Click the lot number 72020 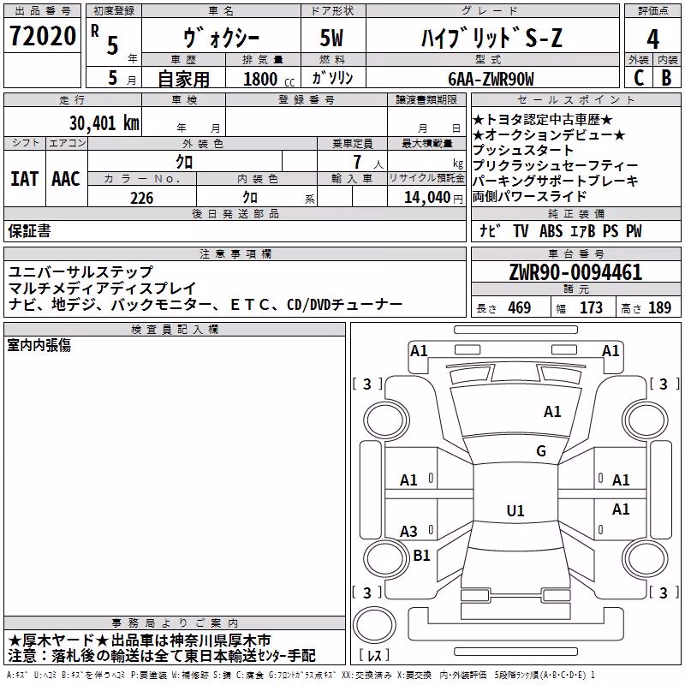(x=43, y=36)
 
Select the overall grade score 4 (x=652, y=39)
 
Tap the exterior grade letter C (x=639, y=78)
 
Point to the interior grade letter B (x=666, y=78)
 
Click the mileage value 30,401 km (x=104, y=123)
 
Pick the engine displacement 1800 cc (x=269, y=79)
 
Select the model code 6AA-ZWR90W (x=491, y=79)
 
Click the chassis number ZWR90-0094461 (x=575, y=272)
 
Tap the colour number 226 (x=141, y=198)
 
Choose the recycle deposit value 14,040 (x=426, y=198)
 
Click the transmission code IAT (x=24, y=179)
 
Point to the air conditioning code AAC (x=66, y=179)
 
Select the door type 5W (x=331, y=38)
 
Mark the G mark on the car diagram (x=541, y=450)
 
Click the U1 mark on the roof (x=515, y=510)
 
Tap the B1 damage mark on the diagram (x=421, y=555)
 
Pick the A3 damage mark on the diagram (x=408, y=531)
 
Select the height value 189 (x=659, y=307)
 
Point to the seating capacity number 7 (x=357, y=162)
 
